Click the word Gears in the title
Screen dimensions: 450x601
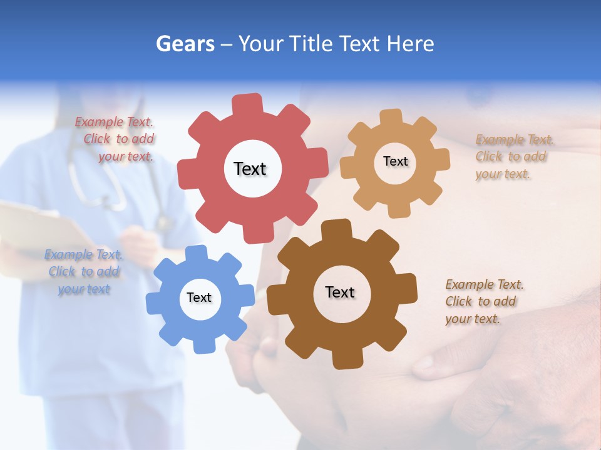tap(185, 44)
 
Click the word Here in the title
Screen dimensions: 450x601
tap(410, 44)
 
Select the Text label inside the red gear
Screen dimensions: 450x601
tap(250, 169)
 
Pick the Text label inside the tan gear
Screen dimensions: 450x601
tap(395, 161)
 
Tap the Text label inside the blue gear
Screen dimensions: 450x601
tap(199, 297)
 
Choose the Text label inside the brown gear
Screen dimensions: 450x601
tap(340, 292)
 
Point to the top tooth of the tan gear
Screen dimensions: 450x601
tap(391, 117)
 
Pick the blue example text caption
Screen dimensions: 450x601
tap(84, 272)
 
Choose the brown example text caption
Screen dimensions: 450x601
tap(482, 302)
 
